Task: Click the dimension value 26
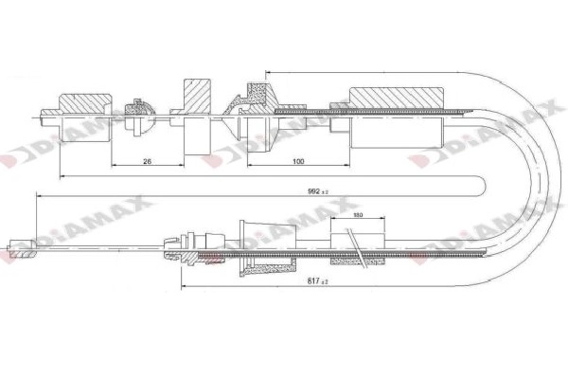pos(147,162)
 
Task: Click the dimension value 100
pos(299,162)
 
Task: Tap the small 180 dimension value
pos(358,216)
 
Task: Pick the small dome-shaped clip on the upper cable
pos(139,109)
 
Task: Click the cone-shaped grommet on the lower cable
pos(257,244)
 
